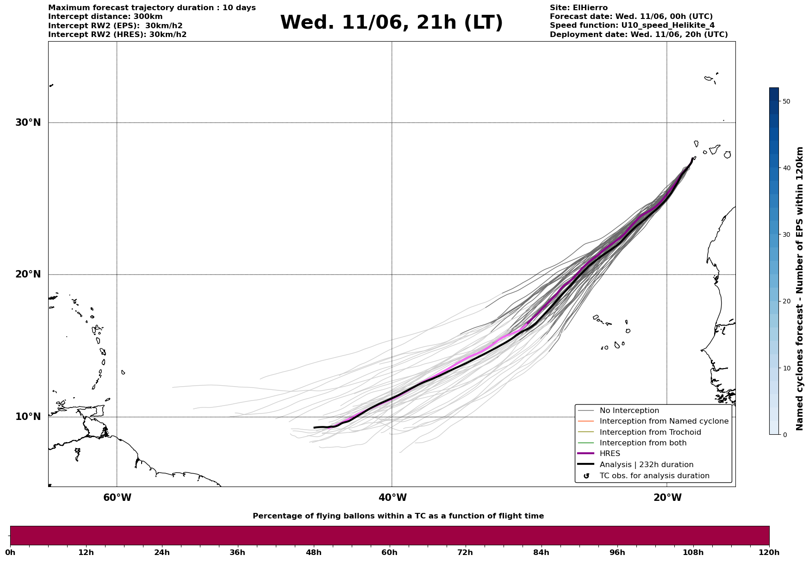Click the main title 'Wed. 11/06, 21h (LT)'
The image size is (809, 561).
coord(391,23)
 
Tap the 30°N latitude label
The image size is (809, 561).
coord(28,123)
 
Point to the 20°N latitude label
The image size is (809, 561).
coord(28,274)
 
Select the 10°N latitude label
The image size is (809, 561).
coord(28,417)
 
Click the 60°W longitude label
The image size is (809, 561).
coord(117,498)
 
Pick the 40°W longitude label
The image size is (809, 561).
coord(392,498)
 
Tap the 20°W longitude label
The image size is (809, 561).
coord(667,498)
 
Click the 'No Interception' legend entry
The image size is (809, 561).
coord(629,411)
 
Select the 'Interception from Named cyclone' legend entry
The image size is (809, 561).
coord(664,421)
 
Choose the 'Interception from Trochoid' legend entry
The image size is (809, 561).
coord(650,432)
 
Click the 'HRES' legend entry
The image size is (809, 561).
coord(610,454)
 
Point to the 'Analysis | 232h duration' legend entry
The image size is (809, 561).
coord(646,465)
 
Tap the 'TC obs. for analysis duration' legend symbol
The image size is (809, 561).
coord(586,476)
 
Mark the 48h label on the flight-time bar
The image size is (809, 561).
coord(314,552)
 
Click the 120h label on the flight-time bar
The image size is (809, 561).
coord(769,552)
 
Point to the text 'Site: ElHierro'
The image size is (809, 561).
coord(579,8)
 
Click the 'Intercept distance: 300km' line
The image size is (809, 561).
coord(106,17)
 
